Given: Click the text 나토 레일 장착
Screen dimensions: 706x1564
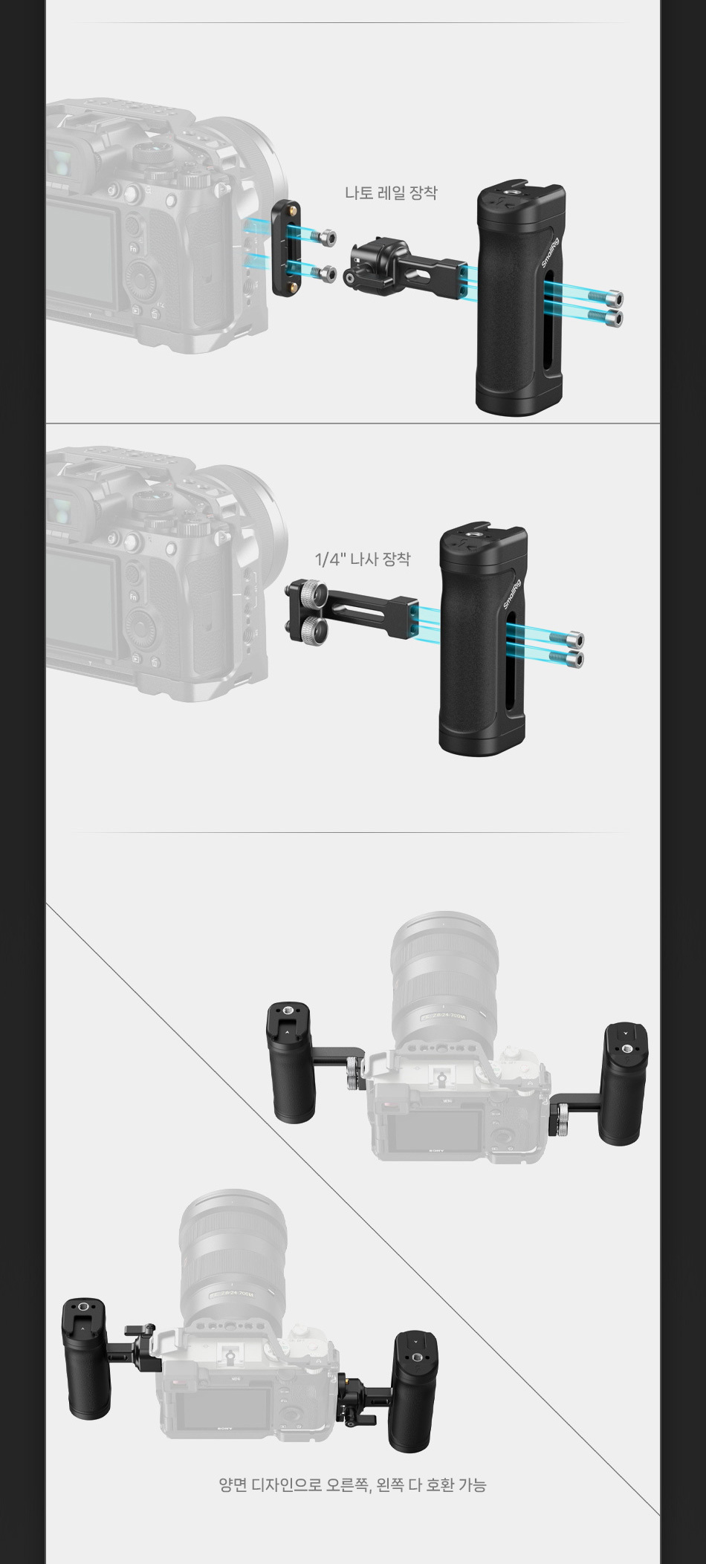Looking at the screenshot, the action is click(391, 193).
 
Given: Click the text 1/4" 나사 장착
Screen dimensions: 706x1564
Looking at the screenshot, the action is click(363, 559).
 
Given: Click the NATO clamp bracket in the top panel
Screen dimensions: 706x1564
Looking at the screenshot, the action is click(405, 265).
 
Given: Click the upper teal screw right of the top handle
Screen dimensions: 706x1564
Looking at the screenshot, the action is click(606, 299).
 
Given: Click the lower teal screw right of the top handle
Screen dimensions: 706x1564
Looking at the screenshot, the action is click(606, 317).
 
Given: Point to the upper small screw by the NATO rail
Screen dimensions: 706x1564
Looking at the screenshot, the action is click(322, 238).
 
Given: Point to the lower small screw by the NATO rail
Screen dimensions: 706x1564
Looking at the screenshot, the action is click(322, 273).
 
